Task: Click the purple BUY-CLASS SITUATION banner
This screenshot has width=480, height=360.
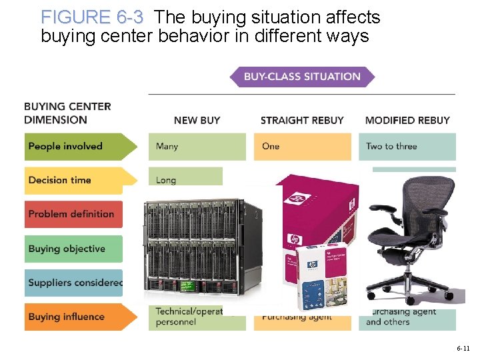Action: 302,77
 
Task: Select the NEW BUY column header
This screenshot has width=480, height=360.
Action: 197,120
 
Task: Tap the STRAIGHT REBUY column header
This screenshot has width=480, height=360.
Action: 302,120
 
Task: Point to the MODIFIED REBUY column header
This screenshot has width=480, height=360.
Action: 407,120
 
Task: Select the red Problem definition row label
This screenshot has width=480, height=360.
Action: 73,214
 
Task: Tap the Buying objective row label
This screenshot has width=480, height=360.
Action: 73,249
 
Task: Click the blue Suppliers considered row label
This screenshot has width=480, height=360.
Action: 73,283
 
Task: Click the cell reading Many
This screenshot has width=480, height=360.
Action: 197,147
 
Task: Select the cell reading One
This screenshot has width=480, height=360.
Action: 302,147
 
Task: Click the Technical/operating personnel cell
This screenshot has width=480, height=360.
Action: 187,317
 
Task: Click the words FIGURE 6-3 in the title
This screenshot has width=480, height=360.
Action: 91,17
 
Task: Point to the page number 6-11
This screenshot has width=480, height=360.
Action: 463,348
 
